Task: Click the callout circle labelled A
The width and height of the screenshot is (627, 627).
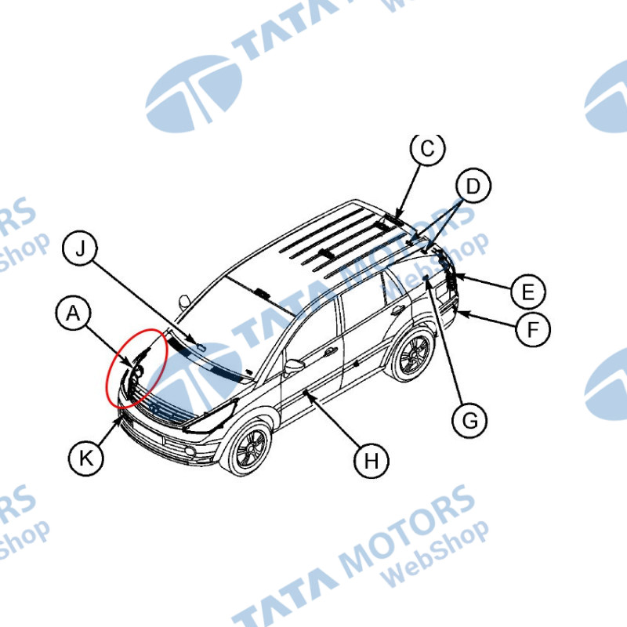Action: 73,314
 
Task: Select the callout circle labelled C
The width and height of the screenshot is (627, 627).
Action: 427,150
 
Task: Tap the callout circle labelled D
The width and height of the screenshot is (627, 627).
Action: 473,187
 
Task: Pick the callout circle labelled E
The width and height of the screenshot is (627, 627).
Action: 527,292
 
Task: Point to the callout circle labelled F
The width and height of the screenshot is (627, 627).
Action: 533,329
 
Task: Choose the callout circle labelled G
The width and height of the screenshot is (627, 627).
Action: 469,421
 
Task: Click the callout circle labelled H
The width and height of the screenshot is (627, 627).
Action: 371,461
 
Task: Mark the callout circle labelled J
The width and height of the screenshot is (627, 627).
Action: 79,249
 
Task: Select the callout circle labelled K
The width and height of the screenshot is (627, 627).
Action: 86,456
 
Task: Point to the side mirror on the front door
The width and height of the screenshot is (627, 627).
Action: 295,366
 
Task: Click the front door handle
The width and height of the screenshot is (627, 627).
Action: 330,351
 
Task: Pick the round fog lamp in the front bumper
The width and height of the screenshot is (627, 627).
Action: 188,452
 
